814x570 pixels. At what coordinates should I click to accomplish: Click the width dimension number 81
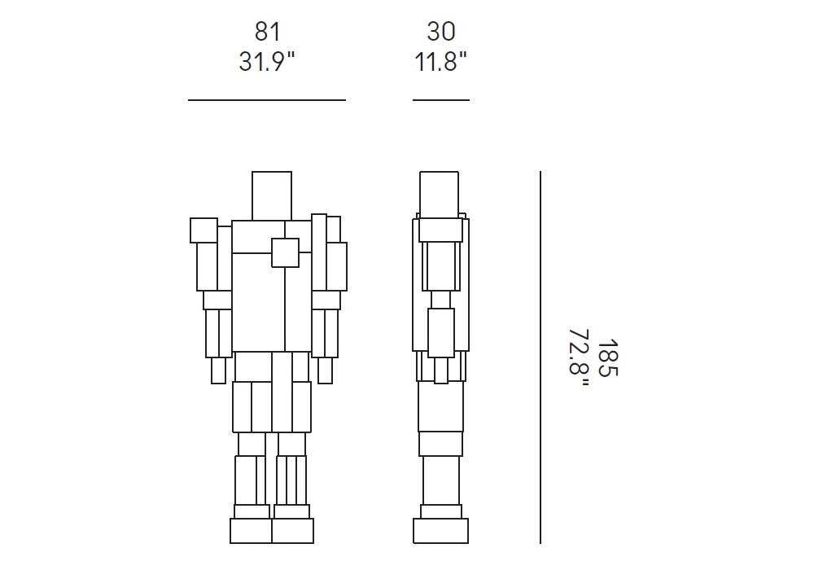click(267, 32)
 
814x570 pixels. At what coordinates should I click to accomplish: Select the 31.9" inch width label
click(266, 62)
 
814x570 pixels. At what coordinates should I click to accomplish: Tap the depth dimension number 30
click(441, 32)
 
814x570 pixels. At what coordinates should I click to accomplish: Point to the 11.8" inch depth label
click(440, 62)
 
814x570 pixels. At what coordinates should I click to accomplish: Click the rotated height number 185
click(608, 358)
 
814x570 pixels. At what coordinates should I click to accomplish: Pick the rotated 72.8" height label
click(580, 358)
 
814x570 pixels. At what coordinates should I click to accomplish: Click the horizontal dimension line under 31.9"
click(267, 99)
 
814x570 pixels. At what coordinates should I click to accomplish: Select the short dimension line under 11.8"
click(441, 99)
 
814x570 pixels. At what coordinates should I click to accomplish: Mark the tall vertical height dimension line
click(540, 357)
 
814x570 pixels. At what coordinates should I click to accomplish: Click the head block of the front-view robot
click(272, 195)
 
